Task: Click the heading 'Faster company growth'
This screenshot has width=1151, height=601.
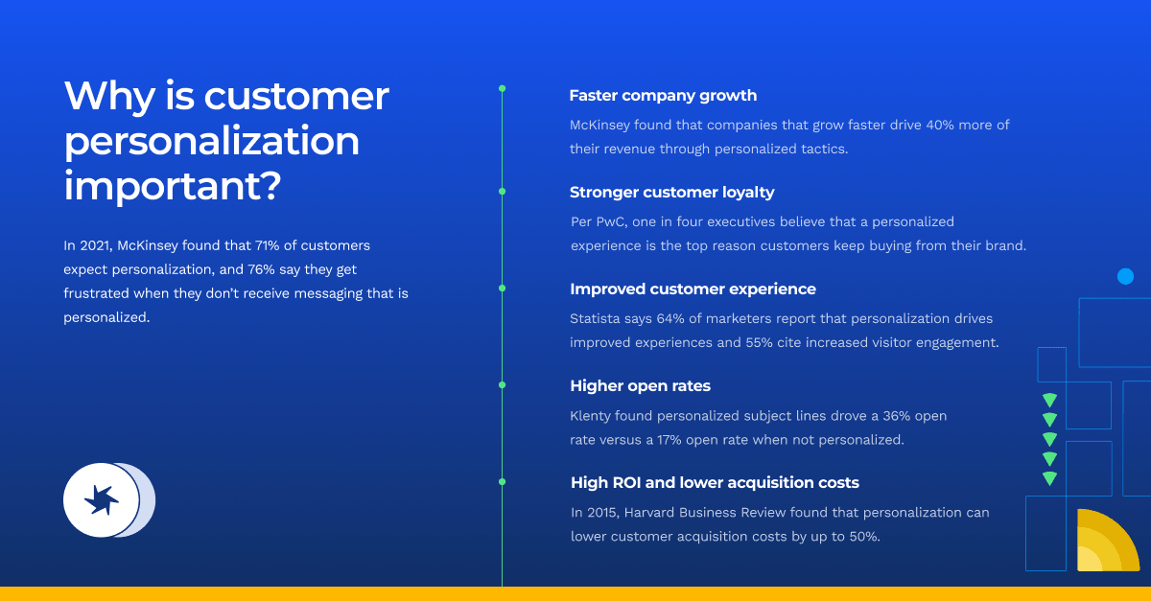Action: tap(663, 96)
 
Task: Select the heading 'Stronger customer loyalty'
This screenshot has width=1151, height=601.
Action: tap(671, 192)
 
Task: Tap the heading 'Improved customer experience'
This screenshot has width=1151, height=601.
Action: tap(693, 289)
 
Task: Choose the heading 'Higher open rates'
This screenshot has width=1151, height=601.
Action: tap(641, 385)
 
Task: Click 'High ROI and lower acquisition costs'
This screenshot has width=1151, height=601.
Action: tap(715, 482)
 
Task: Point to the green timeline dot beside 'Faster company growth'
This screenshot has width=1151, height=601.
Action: tap(502, 89)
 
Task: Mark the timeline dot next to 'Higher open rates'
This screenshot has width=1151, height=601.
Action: tap(502, 384)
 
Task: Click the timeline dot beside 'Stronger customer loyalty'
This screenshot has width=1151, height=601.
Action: tap(502, 192)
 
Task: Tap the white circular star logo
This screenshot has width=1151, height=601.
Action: tap(102, 500)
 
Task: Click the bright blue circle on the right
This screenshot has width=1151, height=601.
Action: tap(1125, 276)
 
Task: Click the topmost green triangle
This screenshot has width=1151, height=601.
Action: tap(1049, 400)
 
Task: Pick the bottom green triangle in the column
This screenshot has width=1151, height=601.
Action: tap(1049, 478)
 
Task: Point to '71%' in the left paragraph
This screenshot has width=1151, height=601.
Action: tap(268, 245)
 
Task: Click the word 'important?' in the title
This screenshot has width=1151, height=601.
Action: tap(173, 185)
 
